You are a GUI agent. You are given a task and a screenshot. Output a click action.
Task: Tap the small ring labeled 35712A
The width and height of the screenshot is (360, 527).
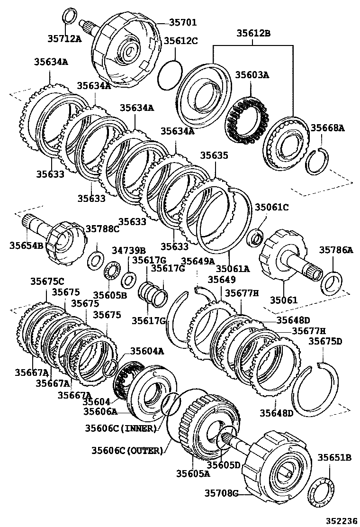[x=69, y=16]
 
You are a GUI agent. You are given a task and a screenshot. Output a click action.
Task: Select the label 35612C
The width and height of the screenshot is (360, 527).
[x=180, y=41]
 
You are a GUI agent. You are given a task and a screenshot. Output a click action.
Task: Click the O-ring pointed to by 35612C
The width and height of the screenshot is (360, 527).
[x=169, y=74]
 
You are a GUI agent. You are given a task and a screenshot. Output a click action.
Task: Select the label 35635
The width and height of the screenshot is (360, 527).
[x=214, y=155]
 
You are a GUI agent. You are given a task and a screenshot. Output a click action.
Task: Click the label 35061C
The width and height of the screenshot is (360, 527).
[x=271, y=207]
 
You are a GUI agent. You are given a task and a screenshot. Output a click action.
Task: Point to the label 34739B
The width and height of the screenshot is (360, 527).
[x=128, y=250]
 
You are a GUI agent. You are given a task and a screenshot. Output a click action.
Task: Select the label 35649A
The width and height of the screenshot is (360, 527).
[x=198, y=261]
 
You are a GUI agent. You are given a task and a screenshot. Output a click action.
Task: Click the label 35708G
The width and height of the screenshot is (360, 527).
[x=222, y=494]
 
